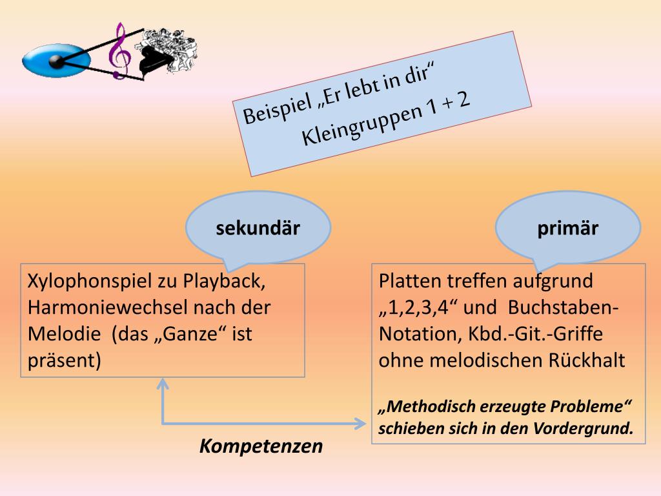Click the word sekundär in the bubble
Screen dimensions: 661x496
[258, 229]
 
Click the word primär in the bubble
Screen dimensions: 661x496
[567, 229]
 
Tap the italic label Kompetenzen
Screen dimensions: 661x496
[261, 446]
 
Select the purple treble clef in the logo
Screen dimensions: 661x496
[118, 52]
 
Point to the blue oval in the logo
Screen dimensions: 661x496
[52, 60]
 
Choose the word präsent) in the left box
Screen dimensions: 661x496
[65, 360]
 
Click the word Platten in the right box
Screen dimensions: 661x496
[411, 282]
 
